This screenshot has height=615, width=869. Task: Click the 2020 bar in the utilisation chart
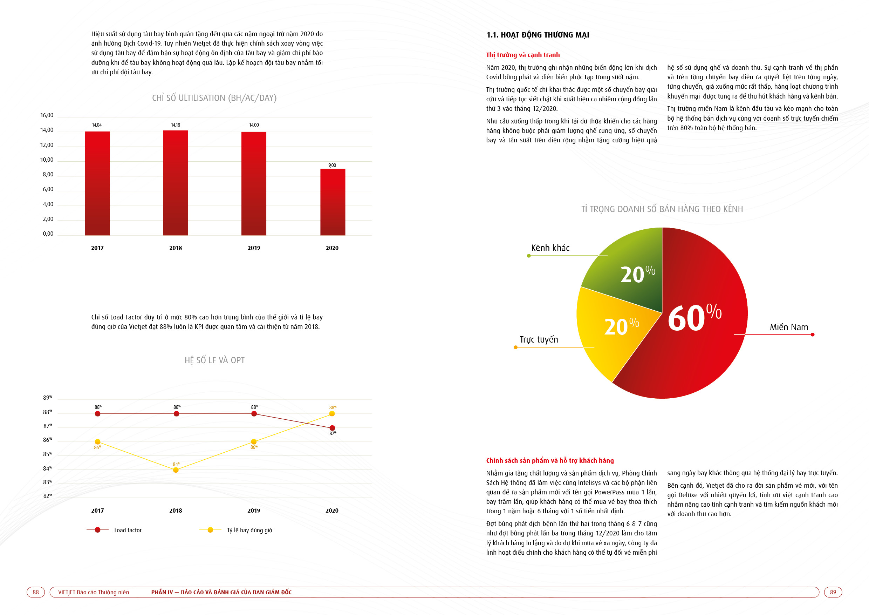pos(333,202)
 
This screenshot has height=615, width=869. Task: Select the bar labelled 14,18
pos(175,183)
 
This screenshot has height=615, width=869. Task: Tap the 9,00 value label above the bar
pos(332,165)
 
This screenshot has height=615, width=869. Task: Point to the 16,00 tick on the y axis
pos(47,115)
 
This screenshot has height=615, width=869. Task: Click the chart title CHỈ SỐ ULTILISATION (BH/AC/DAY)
pos(214,98)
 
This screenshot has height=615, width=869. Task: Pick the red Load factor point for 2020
pos(332,428)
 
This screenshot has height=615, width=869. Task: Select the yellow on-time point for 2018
pos(176,470)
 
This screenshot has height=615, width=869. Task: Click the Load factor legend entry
pos(114,530)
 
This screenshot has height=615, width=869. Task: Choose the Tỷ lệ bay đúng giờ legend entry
pos(236,530)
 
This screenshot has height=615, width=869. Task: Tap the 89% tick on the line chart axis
pos(47,398)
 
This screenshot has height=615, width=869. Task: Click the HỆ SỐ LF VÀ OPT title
pos(214,360)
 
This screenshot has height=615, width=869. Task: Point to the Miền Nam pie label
pos(789,327)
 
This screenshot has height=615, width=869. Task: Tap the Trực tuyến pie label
pos(539,340)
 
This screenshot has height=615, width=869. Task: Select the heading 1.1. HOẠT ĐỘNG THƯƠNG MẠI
pos(538,35)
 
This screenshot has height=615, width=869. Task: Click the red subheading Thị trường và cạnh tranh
pos(523,55)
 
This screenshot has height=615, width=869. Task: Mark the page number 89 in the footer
pos(833,592)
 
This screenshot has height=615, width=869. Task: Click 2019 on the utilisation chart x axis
pos(254,248)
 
